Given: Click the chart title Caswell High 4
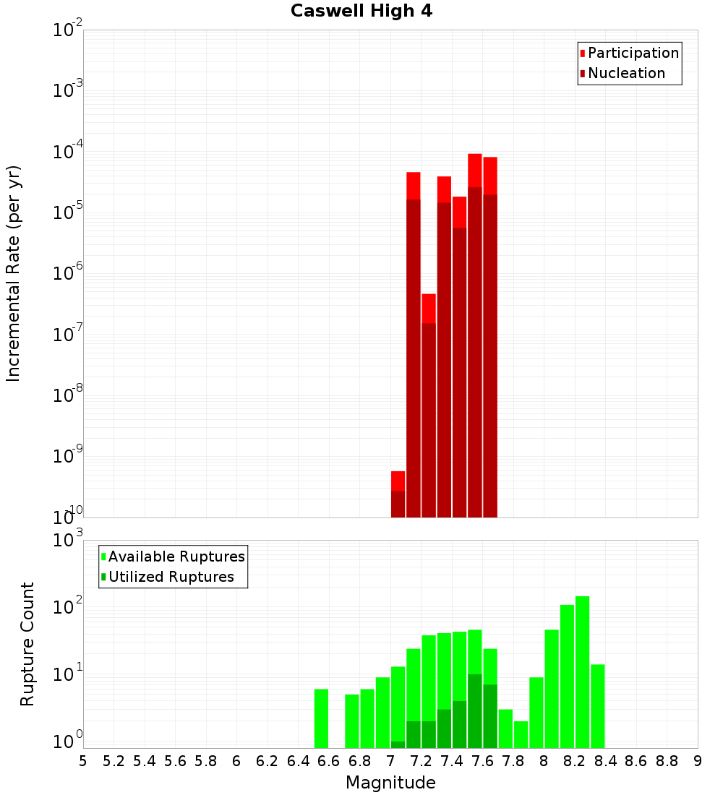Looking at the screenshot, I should (x=361, y=12).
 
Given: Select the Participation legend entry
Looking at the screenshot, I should (x=633, y=53).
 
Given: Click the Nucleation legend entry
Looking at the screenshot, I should (x=625, y=74).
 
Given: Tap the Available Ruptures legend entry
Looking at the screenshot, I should (x=176, y=557).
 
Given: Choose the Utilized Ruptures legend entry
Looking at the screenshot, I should (x=171, y=577).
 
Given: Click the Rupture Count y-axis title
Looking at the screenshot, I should (x=27, y=644).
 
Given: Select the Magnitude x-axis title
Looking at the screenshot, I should (x=390, y=783).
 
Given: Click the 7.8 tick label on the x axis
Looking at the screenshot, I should (x=513, y=761).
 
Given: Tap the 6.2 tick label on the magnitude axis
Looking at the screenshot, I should (x=268, y=761).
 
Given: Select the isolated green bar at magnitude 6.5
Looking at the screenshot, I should (x=322, y=718).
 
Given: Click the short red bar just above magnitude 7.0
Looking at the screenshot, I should (x=398, y=494).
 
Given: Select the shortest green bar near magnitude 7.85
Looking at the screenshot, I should (x=521, y=734).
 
